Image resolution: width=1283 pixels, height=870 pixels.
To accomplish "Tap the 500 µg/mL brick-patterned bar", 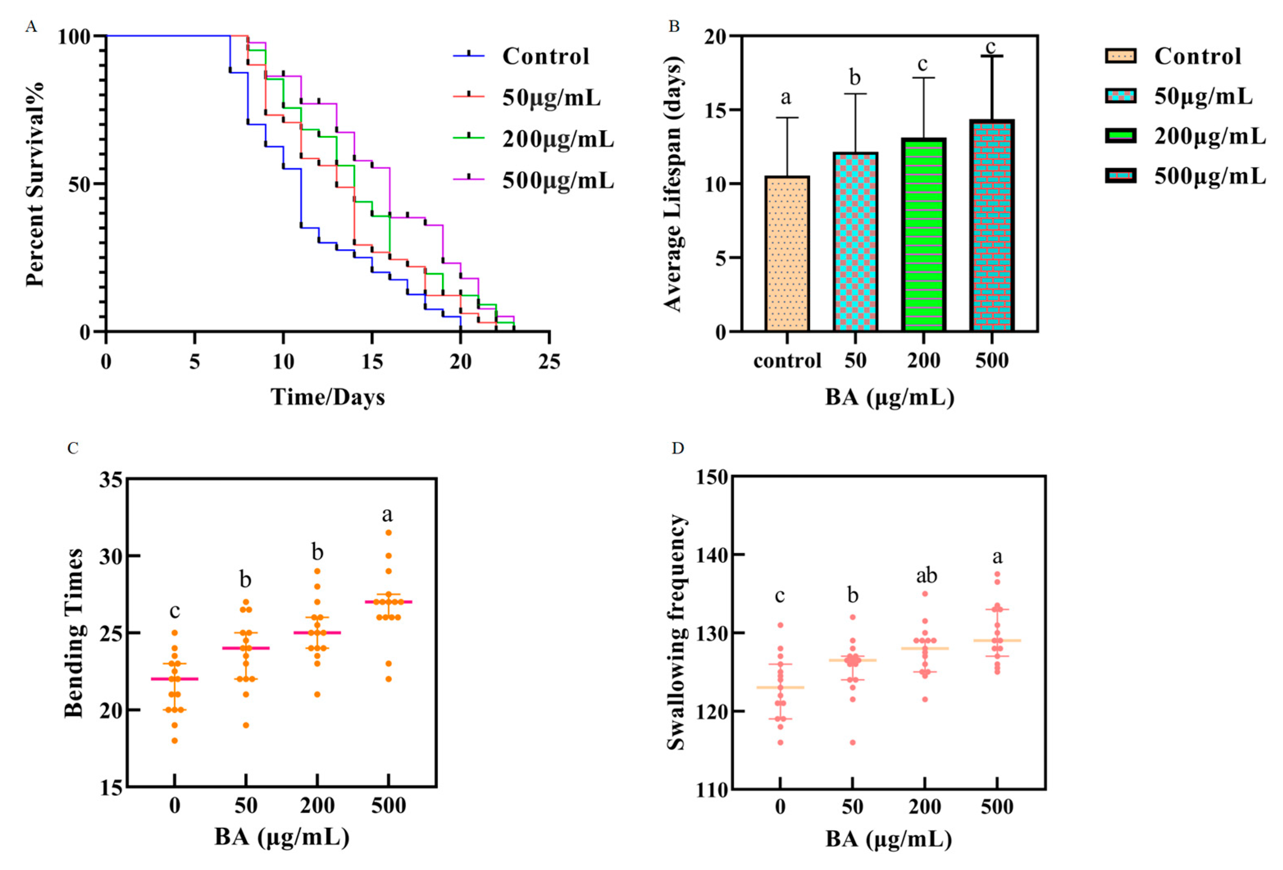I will tap(992, 226).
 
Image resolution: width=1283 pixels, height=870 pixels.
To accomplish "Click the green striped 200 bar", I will tap(924, 235).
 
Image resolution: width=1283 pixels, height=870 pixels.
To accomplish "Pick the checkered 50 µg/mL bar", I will tap(855, 242).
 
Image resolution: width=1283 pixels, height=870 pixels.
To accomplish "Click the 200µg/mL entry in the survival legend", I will tap(557, 139).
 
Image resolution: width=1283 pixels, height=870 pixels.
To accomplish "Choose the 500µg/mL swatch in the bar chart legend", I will tap(1120, 176).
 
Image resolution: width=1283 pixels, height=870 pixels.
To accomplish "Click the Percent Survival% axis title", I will tap(35, 184).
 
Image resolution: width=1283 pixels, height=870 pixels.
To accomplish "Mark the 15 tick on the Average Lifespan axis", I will tap(716, 110).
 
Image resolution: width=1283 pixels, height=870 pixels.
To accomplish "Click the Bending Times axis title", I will tap(73, 633).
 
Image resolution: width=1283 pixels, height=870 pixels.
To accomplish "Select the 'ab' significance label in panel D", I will tap(926, 576).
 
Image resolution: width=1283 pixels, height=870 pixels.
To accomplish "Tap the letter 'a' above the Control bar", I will tap(786, 98).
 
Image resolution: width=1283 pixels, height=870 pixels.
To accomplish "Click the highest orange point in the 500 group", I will tap(389, 533).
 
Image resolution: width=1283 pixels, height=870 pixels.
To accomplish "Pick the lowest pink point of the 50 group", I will tap(852, 743).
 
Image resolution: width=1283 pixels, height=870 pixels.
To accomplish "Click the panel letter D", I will tap(678, 447).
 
